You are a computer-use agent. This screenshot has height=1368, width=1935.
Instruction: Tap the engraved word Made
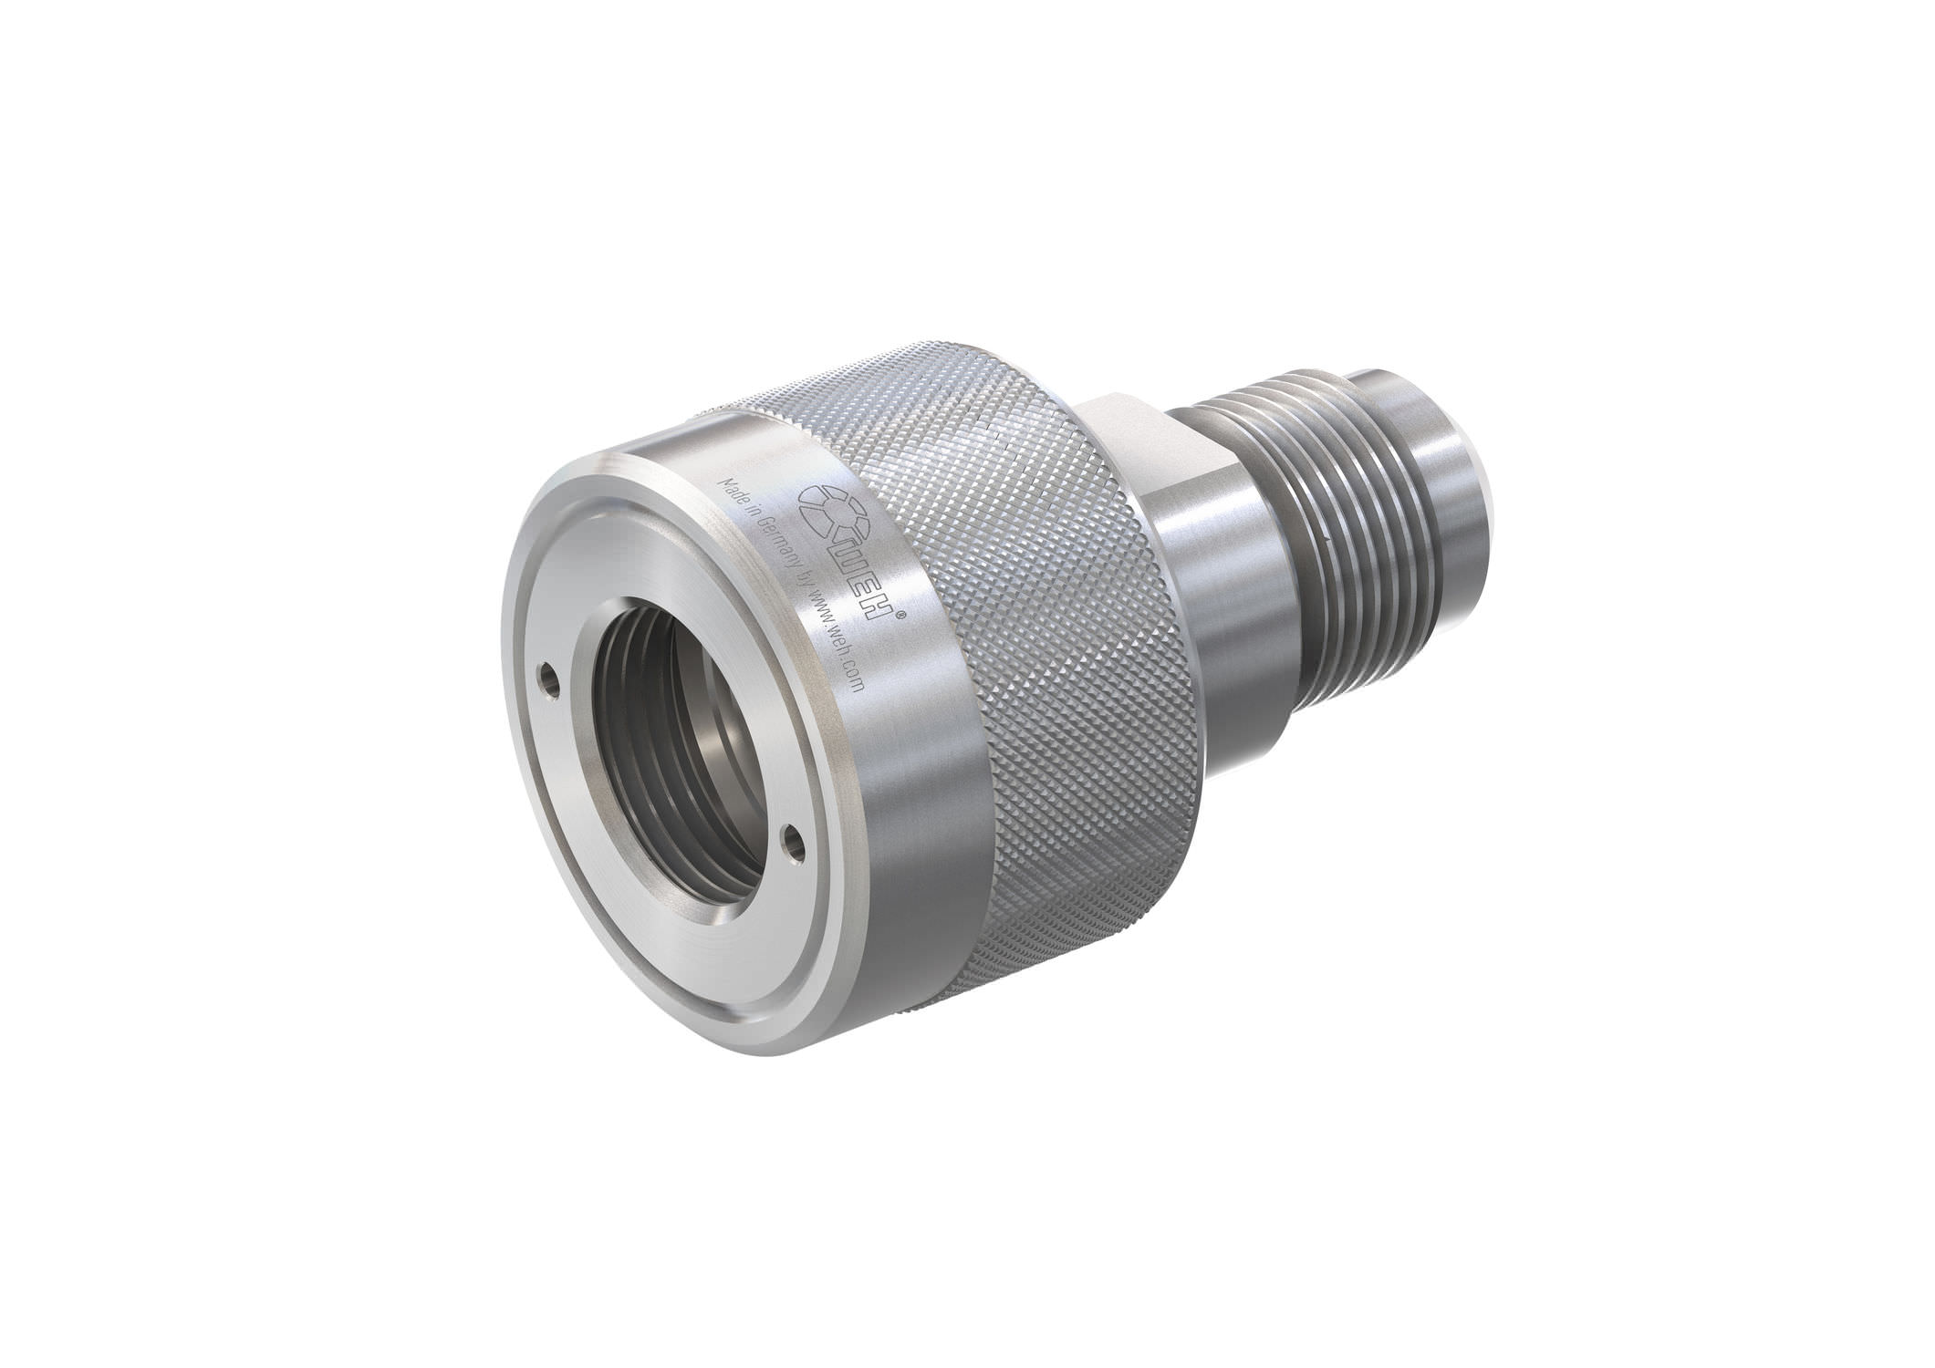734,487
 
